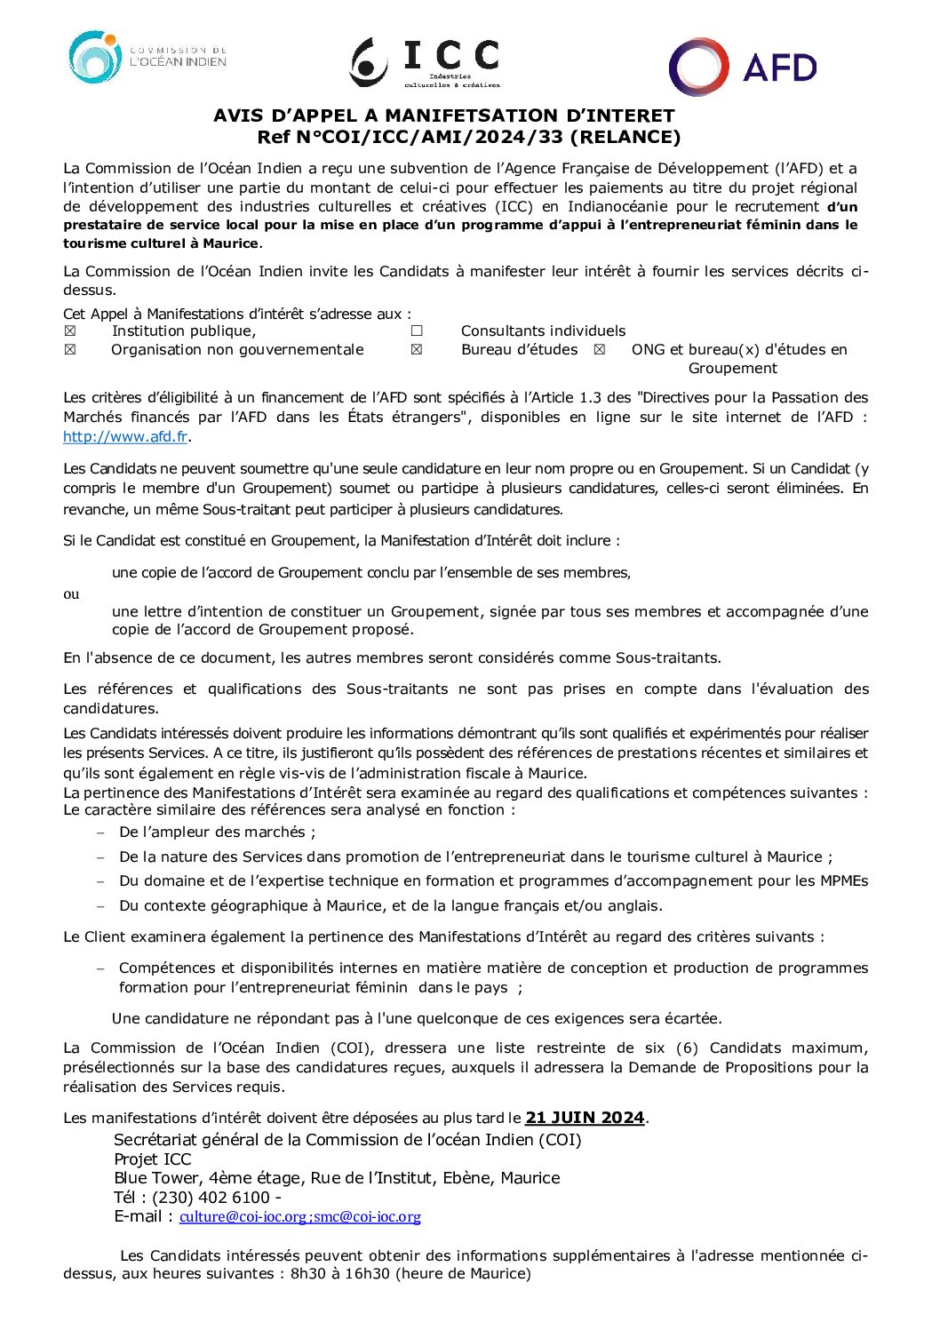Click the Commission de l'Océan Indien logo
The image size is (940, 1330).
point(147,58)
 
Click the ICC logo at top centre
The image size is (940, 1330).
point(426,62)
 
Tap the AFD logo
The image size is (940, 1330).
point(743,67)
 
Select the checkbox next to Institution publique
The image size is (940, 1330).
point(70,331)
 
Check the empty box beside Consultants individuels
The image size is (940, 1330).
point(417,331)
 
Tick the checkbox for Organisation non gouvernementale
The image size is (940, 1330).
point(70,350)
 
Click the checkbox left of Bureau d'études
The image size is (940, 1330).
point(417,350)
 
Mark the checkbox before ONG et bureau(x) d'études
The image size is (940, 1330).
point(600,350)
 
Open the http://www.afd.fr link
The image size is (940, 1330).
point(125,436)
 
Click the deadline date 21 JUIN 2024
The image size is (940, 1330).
point(585,1118)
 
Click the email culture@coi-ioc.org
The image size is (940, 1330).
point(243,1217)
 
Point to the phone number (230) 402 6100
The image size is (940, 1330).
point(211,1198)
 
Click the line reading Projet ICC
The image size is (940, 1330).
point(153,1159)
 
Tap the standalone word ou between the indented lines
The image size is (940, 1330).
point(71,593)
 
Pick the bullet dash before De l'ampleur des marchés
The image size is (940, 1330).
point(100,832)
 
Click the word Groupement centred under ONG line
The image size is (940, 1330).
point(732,369)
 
